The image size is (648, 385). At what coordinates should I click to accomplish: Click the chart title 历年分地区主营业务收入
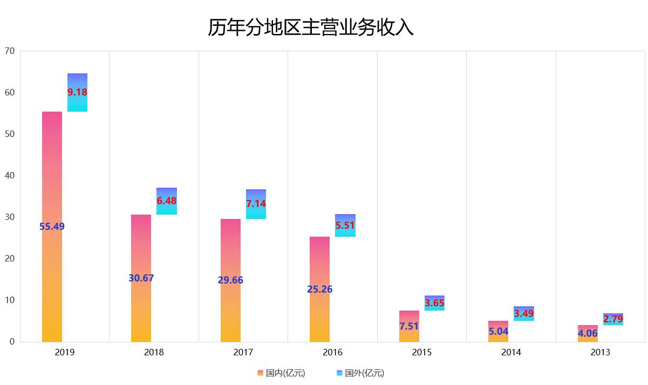[311, 27]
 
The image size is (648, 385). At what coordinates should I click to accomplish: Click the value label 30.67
[141, 278]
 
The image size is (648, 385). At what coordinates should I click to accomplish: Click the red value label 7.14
[256, 204]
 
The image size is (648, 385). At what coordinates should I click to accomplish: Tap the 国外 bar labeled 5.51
[345, 225]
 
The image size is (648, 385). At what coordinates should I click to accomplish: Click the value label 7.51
[409, 326]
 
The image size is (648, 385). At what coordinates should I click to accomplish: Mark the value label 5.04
[498, 332]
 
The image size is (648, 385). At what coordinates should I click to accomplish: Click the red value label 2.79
[613, 319]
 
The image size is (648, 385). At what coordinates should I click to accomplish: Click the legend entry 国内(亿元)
[281, 373]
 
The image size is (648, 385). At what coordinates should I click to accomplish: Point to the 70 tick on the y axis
[9, 51]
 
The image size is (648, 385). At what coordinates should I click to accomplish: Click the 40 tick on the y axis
[9, 176]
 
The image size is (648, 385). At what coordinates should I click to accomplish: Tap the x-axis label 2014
[511, 353]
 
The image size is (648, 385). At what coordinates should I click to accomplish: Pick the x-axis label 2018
[154, 353]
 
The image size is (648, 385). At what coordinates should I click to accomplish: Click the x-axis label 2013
[600, 353]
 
